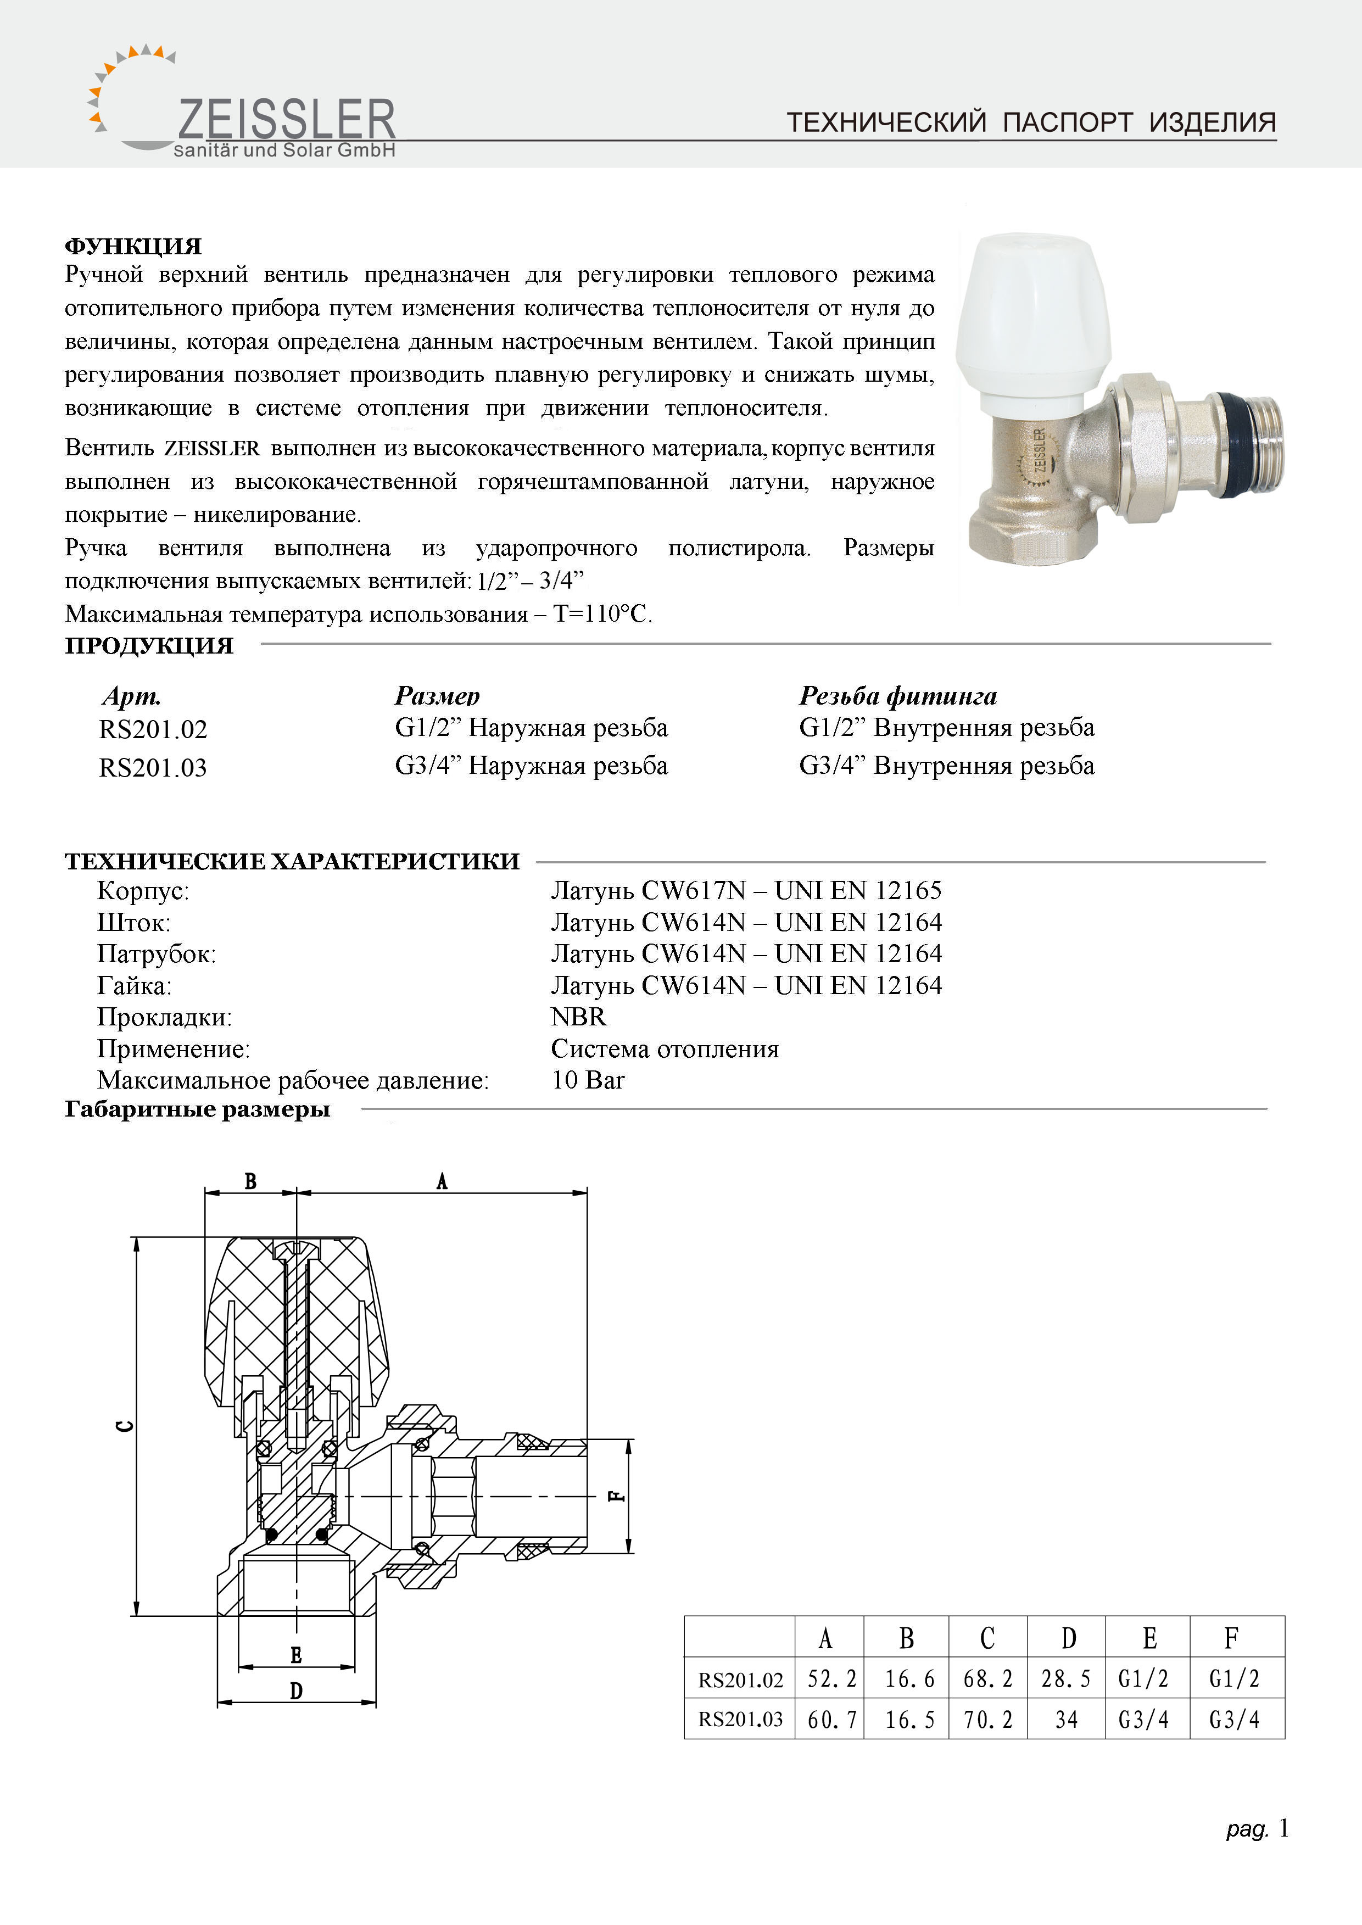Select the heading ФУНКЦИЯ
click(x=133, y=245)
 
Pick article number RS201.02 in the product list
click(x=153, y=729)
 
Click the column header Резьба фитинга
click(x=897, y=695)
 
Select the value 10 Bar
click(x=588, y=1080)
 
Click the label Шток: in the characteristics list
click(x=133, y=923)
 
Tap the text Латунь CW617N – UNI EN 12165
click(x=746, y=890)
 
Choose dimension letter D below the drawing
click(x=296, y=1691)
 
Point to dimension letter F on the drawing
click(x=616, y=1496)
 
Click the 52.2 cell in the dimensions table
click(x=831, y=1678)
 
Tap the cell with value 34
click(x=1066, y=1720)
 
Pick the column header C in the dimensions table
click(x=987, y=1638)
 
